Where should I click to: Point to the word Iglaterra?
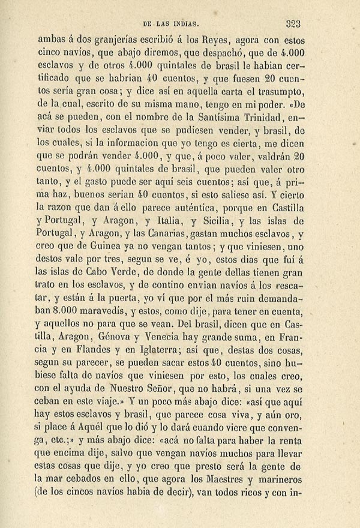pos(177,352)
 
